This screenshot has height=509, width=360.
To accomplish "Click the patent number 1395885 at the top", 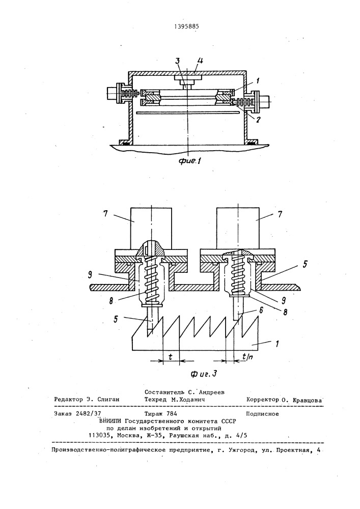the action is click(x=185, y=27).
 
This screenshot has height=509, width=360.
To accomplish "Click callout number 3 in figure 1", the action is click(x=178, y=61).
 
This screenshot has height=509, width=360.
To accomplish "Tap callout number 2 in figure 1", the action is click(x=258, y=120).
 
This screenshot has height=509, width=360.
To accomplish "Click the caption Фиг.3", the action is click(x=203, y=374).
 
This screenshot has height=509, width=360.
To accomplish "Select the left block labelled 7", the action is click(x=151, y=229).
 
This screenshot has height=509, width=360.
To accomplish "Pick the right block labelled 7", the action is click(x=238, y=229).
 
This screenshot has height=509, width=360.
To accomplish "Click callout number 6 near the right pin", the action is click(x=261, y=310).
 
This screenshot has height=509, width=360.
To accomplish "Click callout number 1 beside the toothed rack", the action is click(x=277, y=344).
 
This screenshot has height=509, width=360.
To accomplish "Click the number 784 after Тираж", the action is click(x=172, y=414).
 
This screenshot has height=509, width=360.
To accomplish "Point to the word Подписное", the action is click(x=262, y=414).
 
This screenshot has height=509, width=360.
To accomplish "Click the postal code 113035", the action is click(x=99, y=436).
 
